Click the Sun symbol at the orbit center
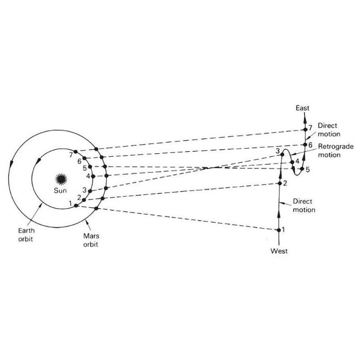(61, 179)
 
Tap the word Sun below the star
(60, 190)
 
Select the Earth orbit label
(26, 235)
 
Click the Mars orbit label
(91, 240)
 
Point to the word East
(302, 108)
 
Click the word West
(279, 251)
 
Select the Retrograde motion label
(336, 151)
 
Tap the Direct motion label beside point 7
(329, 130)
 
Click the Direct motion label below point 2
(304, 206)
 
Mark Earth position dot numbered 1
(76, 206)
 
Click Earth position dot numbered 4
(93, 176)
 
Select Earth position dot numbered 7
(76, 152)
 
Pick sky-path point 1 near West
(279, 230)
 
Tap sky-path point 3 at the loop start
(282, 154)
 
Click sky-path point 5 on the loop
(302, 169)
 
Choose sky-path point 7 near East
(305, 130)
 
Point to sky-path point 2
(280, 184)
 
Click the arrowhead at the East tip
(305, 116)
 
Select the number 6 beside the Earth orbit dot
(79, 161)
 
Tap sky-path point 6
(305, 145)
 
